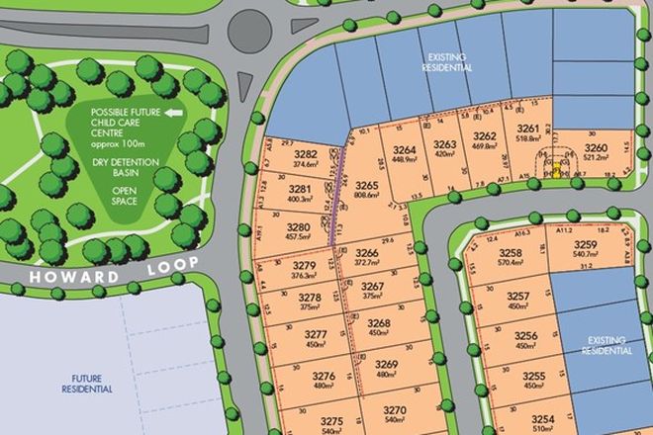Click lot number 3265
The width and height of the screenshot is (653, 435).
[368, 185]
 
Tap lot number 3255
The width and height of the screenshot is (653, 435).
[534, 377]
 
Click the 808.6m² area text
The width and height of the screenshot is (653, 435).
[368, 196]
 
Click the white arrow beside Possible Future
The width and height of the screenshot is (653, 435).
[174, 113]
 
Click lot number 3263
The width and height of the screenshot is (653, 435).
[445, 144]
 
